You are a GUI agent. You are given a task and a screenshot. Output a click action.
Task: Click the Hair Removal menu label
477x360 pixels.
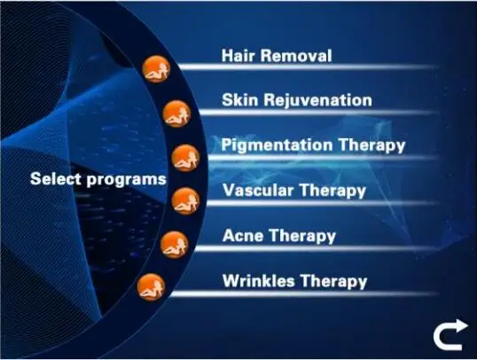click(277, 56)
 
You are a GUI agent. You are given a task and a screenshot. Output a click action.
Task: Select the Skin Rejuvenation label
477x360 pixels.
click(297, 100)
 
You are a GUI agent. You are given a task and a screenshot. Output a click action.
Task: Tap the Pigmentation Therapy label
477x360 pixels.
click(313, 145)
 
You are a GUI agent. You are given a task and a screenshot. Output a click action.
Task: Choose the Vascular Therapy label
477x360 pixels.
click(294, 191)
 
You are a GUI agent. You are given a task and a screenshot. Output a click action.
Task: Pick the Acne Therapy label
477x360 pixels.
click(279, 236)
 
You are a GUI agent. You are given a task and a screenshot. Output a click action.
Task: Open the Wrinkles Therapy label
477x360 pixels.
click(294, 281)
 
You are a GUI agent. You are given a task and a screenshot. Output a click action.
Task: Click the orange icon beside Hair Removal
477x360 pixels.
click(156, 69)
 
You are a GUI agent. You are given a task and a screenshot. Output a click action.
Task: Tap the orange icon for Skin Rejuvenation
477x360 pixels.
click(176, 113)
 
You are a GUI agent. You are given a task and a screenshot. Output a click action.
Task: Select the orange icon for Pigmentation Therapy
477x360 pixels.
click(185, 158)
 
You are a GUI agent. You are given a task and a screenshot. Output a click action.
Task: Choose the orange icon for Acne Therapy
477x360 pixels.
click(175, 245)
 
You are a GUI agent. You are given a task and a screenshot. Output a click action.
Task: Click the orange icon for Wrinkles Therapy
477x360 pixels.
click(152, 287)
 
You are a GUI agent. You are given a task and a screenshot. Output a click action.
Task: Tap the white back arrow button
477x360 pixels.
click(450, 335)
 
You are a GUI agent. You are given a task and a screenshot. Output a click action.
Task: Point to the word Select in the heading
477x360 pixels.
click(57, 178)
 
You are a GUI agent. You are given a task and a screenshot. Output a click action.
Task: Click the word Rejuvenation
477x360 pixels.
click(318, 100)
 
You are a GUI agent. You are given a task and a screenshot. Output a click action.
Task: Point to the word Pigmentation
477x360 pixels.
click(277, 145)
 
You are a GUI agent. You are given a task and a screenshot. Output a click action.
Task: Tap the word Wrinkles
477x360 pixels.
click(259, 280)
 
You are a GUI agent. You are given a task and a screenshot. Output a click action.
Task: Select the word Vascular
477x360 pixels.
click(258, 190)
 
